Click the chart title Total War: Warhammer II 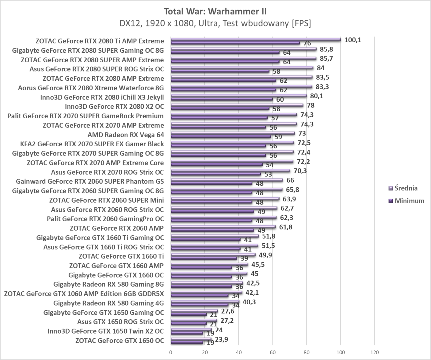(x=215, y=11)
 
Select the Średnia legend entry (x=406, y=188)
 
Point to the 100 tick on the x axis (x=340, y=352)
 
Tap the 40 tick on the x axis (x=239, y=352)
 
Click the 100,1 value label (x=352, y=40)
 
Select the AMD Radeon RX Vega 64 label (x=126, y=135)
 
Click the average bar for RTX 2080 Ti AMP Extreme (x=256, y=39)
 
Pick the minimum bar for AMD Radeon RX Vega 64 (x=220, y=136)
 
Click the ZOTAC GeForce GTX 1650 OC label (x=119, y=341)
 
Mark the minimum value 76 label (x=307, y=43)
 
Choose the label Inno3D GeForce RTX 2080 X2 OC (x=114, y=107)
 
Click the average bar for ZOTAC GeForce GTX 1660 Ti (x=213, y=255)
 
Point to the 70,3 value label (x=300, y=171)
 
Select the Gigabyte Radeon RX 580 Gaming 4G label (x=108, y=303)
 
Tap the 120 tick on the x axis (x=374, y=352)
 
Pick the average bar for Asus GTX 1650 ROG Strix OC (x=194, y=320)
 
